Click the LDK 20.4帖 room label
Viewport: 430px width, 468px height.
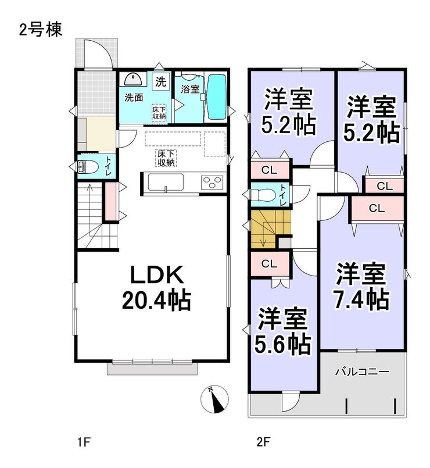tap(156, 287)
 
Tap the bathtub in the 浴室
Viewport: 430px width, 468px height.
tap(217, 97)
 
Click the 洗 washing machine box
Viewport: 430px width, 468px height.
tap(161, 81)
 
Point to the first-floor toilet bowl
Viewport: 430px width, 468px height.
tap(88, 167)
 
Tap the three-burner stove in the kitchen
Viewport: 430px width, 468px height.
tap(212, 182)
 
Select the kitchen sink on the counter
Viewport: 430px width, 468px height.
tap(166, 182)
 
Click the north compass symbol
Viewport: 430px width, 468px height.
tap(214, 399)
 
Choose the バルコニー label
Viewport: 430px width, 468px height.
tap(362, 372)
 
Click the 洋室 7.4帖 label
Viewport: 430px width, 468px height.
tap(361, 285)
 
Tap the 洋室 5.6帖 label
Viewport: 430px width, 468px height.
tap(282, 330)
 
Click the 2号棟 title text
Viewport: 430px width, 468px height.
tap(41, 30)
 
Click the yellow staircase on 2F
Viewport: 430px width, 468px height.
tap(270, 229)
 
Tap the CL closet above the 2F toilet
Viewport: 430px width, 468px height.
tap(270, 170)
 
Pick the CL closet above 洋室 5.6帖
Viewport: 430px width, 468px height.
tap(270, 264)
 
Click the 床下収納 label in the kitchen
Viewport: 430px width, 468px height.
tap(166, 158)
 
